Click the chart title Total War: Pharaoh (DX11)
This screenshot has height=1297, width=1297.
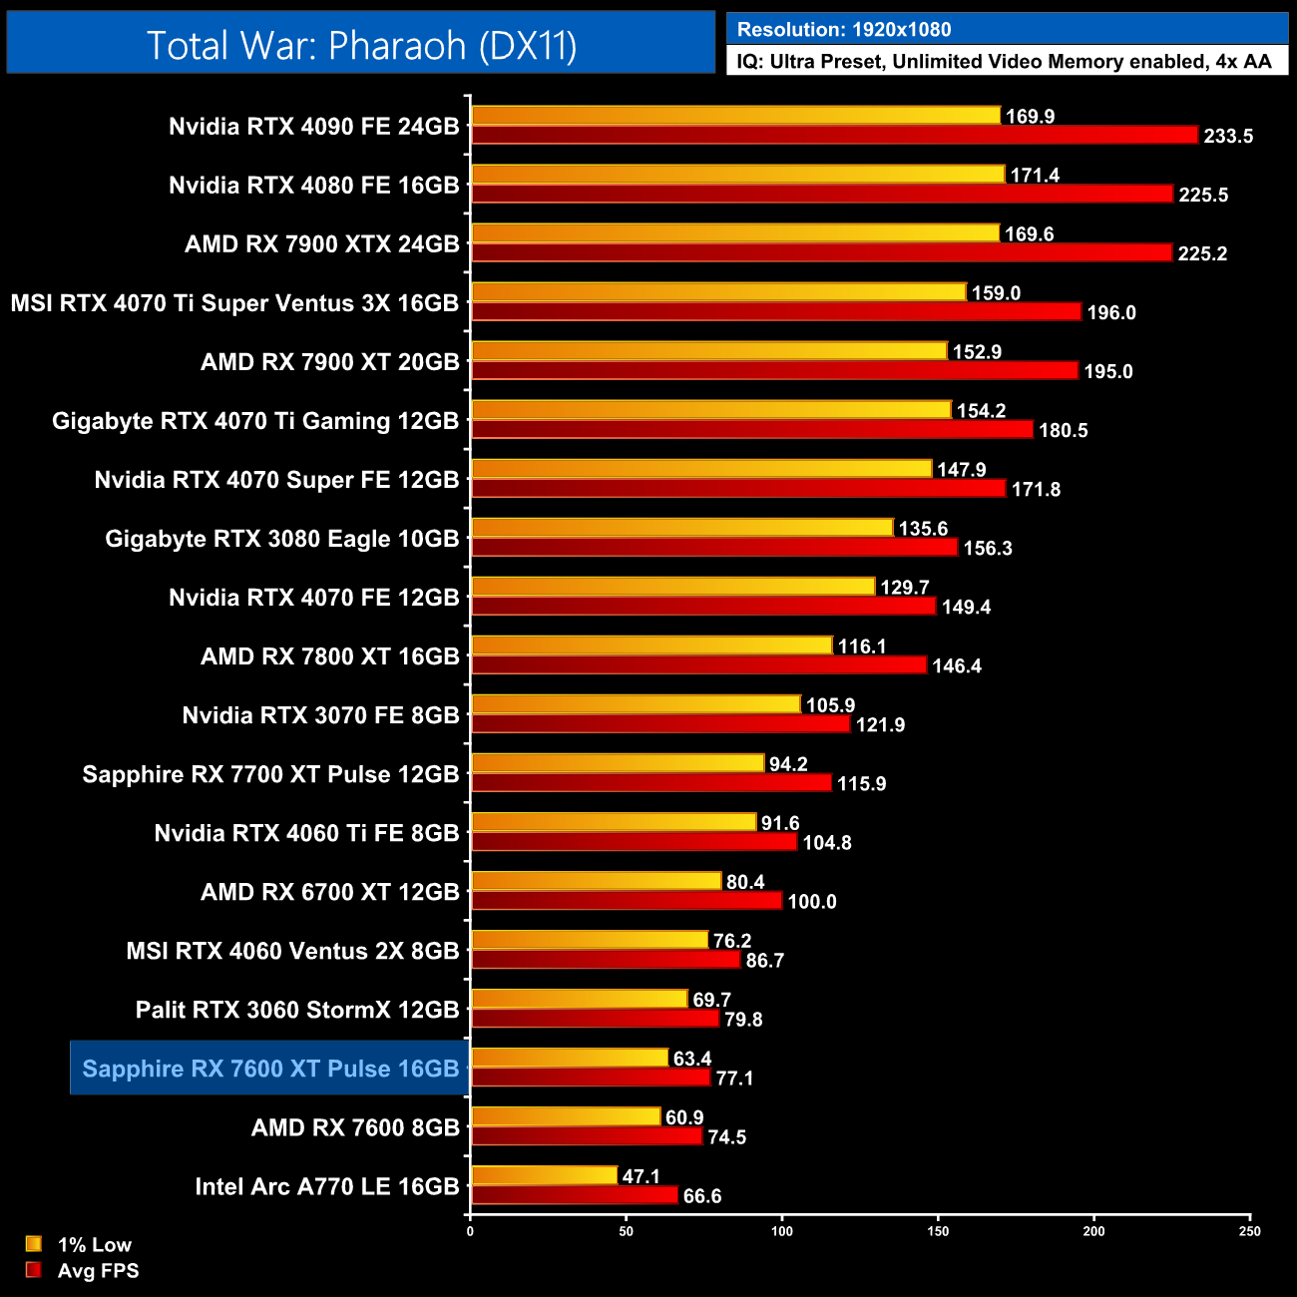pos(361,46)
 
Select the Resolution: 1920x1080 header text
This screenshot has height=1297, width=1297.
pos(843,30)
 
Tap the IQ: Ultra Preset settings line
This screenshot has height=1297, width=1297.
pos(1004,62)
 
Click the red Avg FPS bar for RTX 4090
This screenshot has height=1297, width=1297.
pos(833,136)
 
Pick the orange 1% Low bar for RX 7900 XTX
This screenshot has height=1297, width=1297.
pos(734,233)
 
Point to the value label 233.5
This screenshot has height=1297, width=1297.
pos(1228,137)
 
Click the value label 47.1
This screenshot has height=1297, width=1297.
pos(641,1177)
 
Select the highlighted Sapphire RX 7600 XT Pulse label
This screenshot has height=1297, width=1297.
pos(270,1069)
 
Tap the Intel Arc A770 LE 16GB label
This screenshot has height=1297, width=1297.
pos(326,1186)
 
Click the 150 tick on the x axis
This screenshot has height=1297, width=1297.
pos(938,1231)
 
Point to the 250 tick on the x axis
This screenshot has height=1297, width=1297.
pos(1250,1231)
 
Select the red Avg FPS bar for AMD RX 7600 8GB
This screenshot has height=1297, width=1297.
pos(587,1136)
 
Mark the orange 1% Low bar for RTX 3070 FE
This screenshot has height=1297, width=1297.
pos(636,704)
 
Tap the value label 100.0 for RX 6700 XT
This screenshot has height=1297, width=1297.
pos(812,902)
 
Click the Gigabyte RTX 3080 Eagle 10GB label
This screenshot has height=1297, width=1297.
pos(281,539)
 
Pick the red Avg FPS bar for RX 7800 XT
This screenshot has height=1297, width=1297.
pos(698,665)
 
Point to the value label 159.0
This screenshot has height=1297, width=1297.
pos(996,293)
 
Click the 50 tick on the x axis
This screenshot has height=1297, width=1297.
pos(626,1231)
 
